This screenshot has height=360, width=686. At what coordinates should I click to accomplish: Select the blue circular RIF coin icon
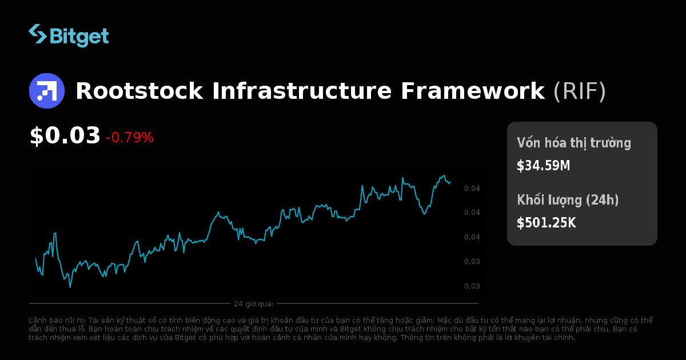coord(47,91)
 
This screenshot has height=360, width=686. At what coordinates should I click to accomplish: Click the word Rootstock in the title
coord(139,91)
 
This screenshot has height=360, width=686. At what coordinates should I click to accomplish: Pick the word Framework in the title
coord(472,91)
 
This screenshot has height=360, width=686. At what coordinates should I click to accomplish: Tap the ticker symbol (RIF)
coord(579,91)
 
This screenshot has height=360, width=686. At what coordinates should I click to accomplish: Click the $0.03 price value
coord(65,136)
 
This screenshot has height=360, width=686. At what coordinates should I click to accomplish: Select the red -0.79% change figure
coord(130,138)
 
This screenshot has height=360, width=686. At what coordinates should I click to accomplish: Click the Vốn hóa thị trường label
coord(574,143)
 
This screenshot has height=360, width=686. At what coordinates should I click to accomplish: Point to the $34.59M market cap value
coord(543,166)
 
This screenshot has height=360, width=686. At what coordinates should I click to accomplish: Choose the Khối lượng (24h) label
coord(568,200)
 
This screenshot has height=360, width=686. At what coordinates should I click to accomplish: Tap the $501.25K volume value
coord(546,223)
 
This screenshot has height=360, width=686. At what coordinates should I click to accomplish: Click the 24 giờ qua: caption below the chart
coord(253,303)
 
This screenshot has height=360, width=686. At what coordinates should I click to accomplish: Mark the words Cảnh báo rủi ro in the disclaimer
coord(54,321)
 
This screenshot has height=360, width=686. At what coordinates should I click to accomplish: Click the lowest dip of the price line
coord(70,286)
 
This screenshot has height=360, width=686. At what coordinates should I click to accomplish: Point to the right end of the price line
coord(450,182)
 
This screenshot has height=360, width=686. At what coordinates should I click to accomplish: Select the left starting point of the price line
coord(35,258)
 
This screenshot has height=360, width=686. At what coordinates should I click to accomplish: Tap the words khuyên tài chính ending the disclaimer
coord(551,338)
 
